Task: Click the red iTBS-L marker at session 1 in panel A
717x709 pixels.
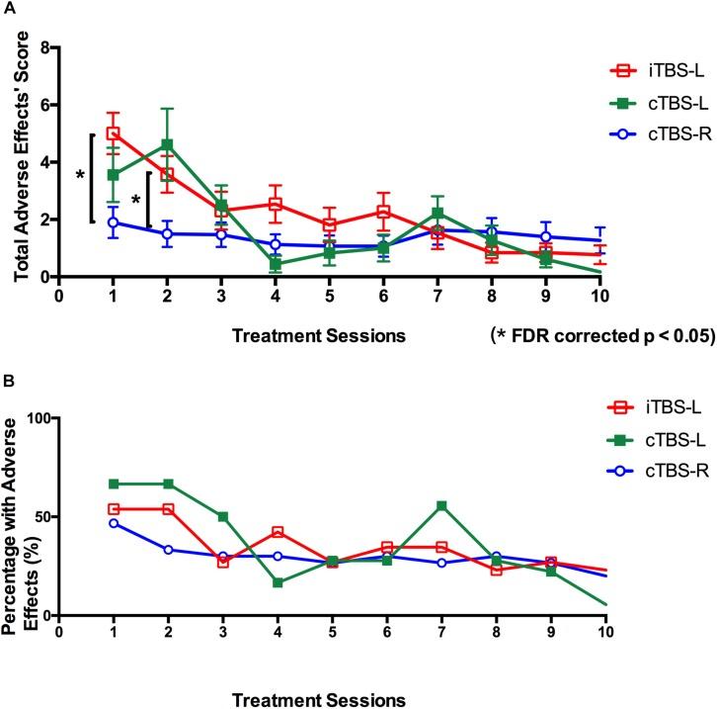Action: click(x=114, y=133)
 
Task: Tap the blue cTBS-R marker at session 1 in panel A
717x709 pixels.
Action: click(x=114, y=222)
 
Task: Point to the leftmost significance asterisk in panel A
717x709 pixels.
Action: click(x=80, y=175)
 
